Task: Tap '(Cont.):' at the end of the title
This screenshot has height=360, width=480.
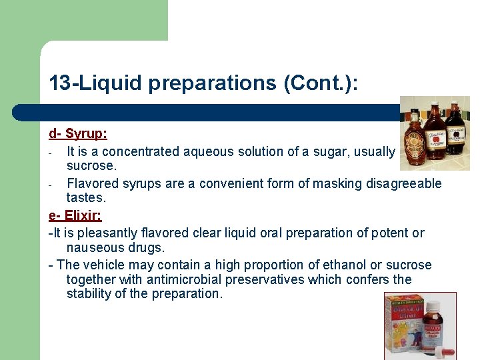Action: [321, 83]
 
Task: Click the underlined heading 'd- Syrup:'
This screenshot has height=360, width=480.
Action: [78, 134]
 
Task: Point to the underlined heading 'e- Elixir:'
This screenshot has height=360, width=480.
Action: [75, 216]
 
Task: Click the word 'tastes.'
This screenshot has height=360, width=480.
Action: [86, 198]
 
